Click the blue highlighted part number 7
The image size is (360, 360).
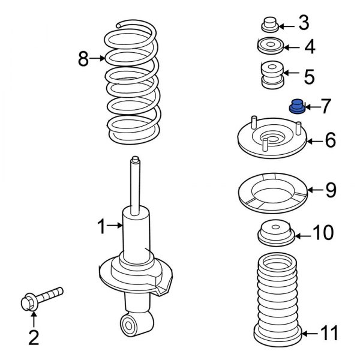(296, 106)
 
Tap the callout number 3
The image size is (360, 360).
(304, 24)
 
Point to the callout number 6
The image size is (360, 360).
(330, 142)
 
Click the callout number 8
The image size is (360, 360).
(83, 58)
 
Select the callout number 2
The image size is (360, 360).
(34, 338)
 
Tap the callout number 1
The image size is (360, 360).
(101, 226)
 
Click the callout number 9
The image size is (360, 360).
(331, 191)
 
